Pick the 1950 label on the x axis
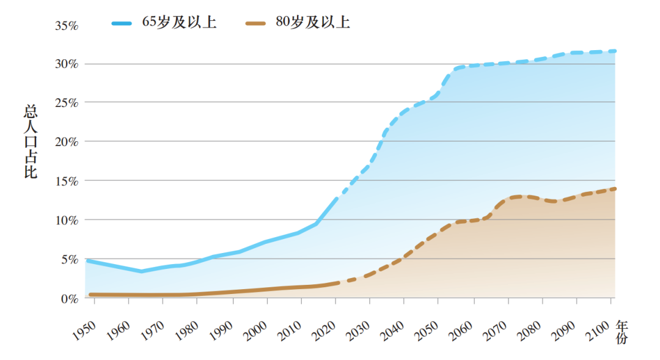coord(82,331)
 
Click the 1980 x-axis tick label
coord(184,331)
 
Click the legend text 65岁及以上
coord(179,23)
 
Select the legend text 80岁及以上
coord(312,23)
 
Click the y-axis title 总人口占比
coord(30,142)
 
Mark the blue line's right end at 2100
coord(615,51)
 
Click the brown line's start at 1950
coord(90,295)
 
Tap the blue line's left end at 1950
coord(89,261)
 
